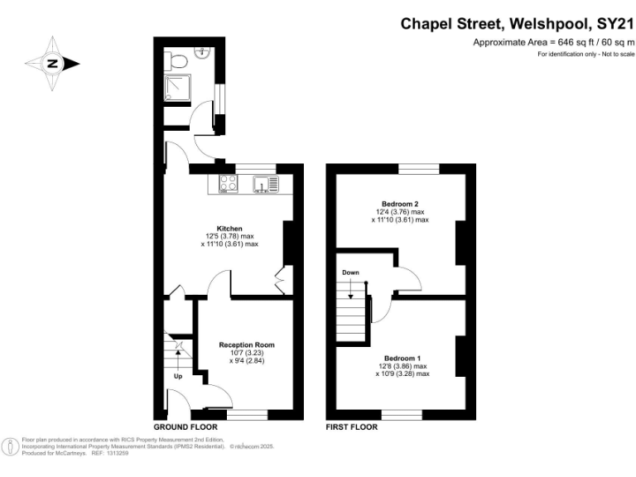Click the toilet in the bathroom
(x=175, y=59)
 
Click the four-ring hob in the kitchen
(x=228, y=185)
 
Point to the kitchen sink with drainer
(x=264, y=185)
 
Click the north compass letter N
(x=51, y=63)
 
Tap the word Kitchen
(x=229, y=228)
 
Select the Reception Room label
(x=246, y=344)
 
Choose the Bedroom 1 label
(x=400, y=358)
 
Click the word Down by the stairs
(x=350, y=272)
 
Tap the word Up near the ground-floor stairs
(x=177, y=377)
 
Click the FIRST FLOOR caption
(x=352, y=427)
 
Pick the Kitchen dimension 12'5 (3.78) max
(x=229, y=236)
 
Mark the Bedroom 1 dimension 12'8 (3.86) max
(x=401, y=366)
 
